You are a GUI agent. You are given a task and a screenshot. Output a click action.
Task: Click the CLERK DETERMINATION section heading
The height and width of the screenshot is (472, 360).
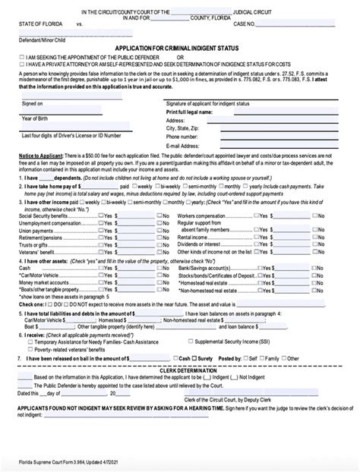(x=179, y=366)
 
